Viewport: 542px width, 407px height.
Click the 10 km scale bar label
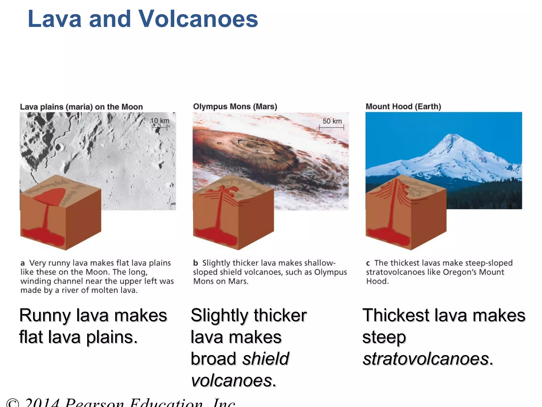click(x=160, y=121)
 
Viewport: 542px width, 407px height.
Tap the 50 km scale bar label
click(x=332, y=121)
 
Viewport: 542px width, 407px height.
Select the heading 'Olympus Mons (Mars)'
click(x=235, y=107)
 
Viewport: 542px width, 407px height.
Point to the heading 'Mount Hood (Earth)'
click(x=403, y=107)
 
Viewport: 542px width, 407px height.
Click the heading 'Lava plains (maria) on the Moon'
click(x=81, y=107)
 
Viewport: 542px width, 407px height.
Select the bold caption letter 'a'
click(x=23, y=263)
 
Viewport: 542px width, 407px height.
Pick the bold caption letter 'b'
click(x=196, y=263)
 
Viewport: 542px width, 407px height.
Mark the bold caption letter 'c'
click(x=368, y=263)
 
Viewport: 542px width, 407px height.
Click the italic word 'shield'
click(x=266, y=359)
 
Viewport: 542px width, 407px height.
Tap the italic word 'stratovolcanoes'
click(x=426, y=359)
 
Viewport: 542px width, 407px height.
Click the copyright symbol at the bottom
click(x=13, y=403)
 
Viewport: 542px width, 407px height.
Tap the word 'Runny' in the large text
click(x=45, y=315)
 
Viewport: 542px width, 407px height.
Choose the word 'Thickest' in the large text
click(x=396, y=315)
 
